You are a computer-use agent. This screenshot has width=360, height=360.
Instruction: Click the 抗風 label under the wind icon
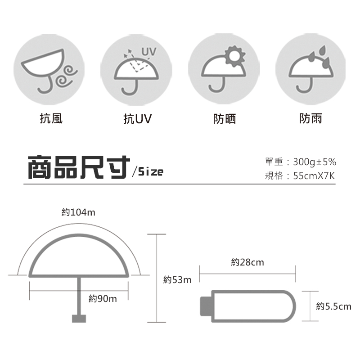51,119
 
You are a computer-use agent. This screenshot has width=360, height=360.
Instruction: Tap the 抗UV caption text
138,119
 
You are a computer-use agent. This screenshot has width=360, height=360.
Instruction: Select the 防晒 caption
224,119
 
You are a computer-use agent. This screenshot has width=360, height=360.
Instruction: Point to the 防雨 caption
310,118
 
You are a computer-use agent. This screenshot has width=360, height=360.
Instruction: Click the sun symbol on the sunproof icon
234,56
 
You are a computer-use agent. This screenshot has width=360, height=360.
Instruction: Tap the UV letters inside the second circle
149,52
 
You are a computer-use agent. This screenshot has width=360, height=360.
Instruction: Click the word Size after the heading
151,171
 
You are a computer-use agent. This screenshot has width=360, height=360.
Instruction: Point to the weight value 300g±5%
315,162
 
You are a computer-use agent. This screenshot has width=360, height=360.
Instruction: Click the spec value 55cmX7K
314,176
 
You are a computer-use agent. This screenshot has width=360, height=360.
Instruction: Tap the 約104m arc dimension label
78,212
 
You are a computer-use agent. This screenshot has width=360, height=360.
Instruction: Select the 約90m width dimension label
103,299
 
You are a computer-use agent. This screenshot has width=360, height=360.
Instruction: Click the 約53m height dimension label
177,279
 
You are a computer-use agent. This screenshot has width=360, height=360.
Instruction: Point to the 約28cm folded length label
247,262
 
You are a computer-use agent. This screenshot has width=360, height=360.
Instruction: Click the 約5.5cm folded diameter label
333,306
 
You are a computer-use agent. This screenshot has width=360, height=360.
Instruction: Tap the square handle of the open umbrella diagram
79,319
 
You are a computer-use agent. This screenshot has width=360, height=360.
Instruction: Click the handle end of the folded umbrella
206,306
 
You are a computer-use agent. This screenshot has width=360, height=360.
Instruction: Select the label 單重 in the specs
274,162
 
